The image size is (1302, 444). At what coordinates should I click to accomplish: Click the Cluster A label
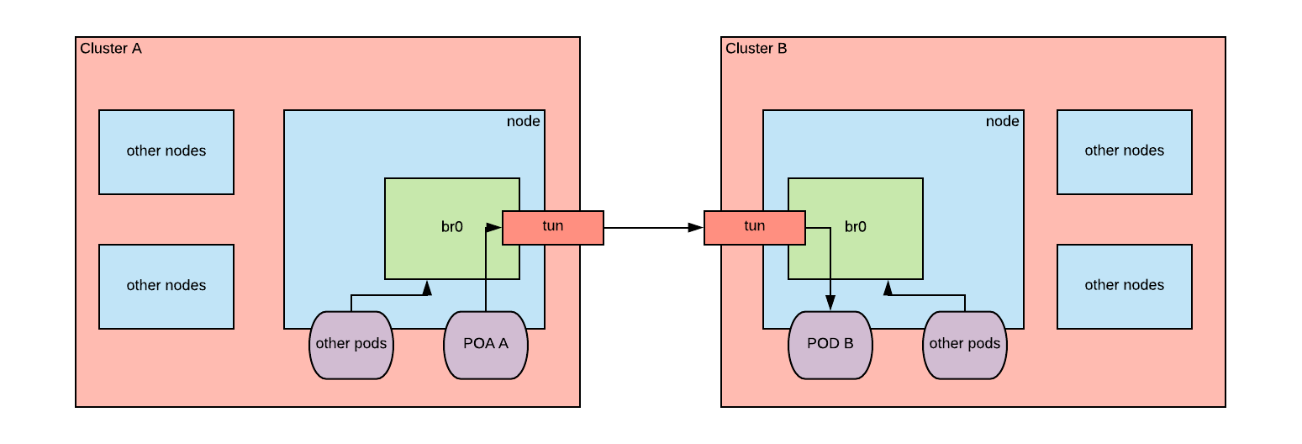pyautogui.click(x=111, y=49)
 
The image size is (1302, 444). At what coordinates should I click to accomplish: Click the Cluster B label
pyautogui.click(x=756, y=49)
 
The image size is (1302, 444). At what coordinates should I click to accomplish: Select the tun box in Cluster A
pyautogui.click(x=552, y=227)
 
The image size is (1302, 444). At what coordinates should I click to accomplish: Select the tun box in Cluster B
pyautogui.click(x=754, y=227)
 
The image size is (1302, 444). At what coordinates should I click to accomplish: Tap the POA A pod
pyautogui.click(x=485, y=344)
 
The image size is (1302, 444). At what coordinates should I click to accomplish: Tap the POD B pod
pyautogui.click(x=830, y=344)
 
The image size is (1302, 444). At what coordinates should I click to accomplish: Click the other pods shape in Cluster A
pyautogui.click(x=351, y=344)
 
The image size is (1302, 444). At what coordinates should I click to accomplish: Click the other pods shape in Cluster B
pyautogui.click(x=964, y=344)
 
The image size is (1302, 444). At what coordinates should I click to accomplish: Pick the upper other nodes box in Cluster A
pyautogui.click(x=166, y=151)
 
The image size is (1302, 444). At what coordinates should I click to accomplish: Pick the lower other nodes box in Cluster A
pyautogui.click(x=166, y=286)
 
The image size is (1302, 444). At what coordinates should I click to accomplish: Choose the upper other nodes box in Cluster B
pyautogui.click(x=1124, y=151)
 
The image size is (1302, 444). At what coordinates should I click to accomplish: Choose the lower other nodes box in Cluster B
pyautogui.click(x=1124, y=286)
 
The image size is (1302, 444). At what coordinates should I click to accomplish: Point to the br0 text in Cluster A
pyautogui.click(x=452, y=227)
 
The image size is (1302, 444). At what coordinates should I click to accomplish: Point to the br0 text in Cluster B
pyautogui.click(x=856, y=227)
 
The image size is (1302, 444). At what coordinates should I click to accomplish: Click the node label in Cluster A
pyautogui.click(x=523, y=122)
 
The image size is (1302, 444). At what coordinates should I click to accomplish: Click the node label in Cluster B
pyautogui.click(x=1002, y=122)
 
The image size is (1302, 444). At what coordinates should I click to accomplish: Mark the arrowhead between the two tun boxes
pyautogui.click(x=696, y=228)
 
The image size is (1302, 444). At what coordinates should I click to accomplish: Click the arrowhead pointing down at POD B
pyautogui.click(x=830, y=304)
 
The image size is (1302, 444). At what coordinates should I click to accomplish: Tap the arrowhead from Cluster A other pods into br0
pyautogui.click(x=427, y=288)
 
